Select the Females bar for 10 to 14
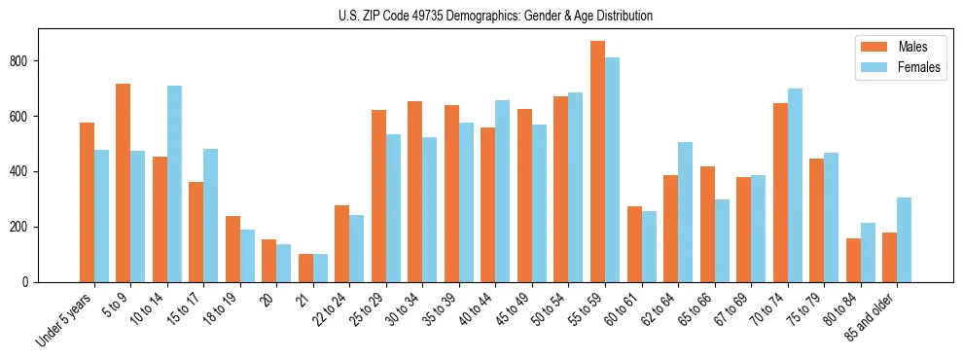[x=174, y=184]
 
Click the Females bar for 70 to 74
[x=795, y=185]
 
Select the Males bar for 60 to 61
[x=634, y=244]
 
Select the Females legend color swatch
[x=871, y=68]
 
